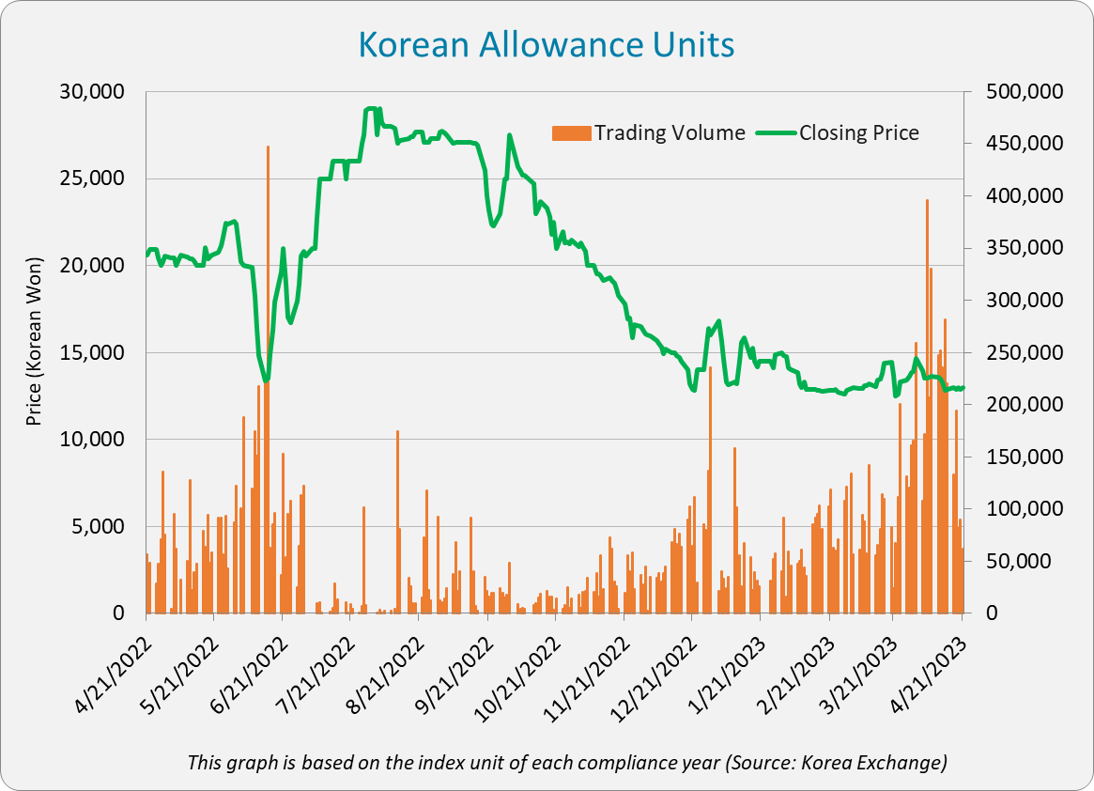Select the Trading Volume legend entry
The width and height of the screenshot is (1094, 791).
(669, 132)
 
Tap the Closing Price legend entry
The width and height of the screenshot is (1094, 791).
(858, 132)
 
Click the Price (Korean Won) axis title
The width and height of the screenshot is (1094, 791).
(35, 342)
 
